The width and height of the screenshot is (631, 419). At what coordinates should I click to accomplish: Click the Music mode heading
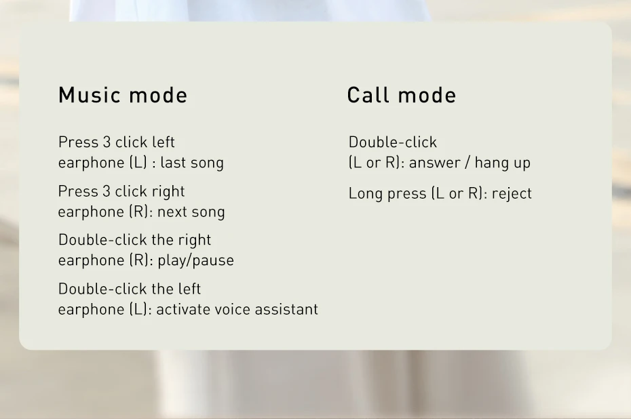123,96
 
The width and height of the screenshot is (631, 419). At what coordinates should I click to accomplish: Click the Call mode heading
402,96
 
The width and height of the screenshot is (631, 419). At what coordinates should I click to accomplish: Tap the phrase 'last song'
192,163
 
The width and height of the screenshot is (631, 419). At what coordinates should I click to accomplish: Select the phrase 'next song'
191,212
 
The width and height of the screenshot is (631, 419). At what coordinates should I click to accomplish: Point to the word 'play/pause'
195,260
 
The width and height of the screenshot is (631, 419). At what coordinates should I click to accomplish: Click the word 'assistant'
286,309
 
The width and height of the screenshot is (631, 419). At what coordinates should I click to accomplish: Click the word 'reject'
512,194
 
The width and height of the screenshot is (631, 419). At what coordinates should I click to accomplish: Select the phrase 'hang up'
503,163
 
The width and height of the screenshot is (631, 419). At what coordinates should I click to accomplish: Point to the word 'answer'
435,163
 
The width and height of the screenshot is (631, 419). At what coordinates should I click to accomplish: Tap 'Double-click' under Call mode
392,142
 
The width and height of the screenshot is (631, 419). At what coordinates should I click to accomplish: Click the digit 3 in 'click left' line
107,142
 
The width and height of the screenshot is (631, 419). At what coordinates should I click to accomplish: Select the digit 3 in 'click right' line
107,191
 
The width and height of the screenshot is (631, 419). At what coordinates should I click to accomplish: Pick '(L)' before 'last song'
138,163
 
